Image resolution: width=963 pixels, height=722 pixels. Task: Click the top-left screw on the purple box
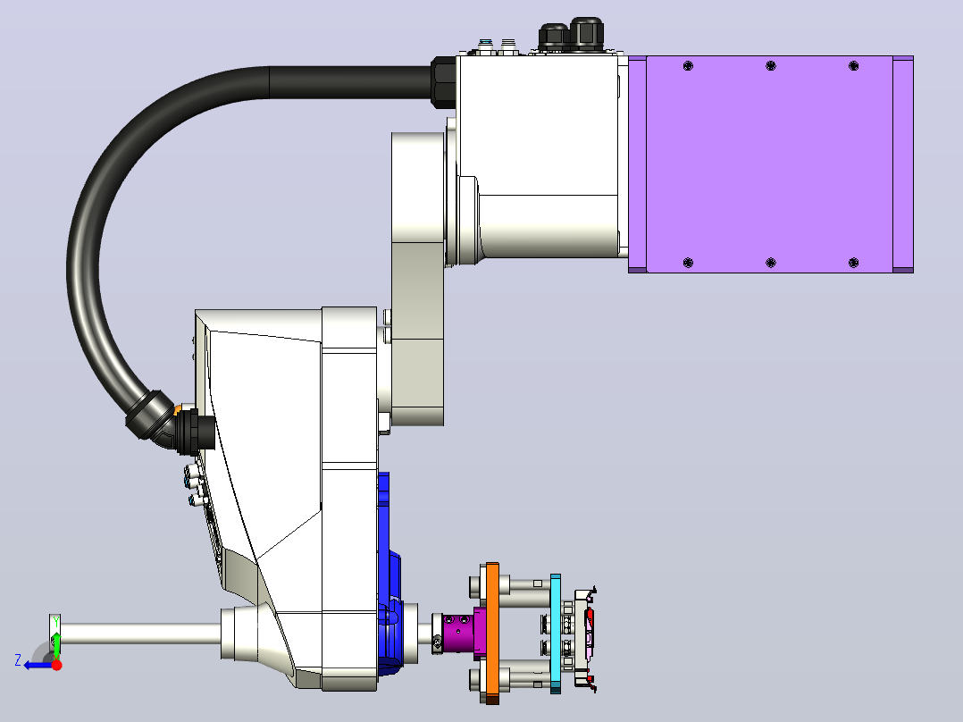point(688,66)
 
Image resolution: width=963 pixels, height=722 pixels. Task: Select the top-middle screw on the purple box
point(771,66)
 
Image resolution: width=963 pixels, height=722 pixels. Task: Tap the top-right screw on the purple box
point(853,66)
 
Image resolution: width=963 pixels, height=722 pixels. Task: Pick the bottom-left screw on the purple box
point(688,263)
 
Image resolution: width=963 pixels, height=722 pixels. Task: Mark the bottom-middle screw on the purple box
point(771,263)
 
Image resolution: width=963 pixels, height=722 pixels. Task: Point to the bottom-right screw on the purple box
point(853,263)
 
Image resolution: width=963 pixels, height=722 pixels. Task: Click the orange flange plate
point(492,633)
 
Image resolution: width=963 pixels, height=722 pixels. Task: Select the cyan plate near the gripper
point(556,634)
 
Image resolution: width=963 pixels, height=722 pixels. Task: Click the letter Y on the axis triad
point(56,622)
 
